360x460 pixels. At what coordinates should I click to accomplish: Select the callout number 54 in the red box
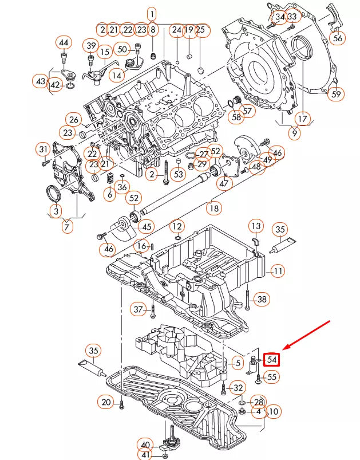coord(272,360)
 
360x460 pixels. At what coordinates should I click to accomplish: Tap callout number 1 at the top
coord(152,13)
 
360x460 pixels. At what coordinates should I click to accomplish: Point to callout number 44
coord(64,43)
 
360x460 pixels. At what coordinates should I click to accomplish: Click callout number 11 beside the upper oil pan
coord(277,271)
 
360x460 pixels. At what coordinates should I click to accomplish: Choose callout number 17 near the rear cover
coord(302,119)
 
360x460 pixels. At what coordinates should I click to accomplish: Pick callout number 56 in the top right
coord(338,38)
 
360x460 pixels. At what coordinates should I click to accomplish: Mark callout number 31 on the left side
coord(43,150)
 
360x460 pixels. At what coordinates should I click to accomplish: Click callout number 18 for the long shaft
coord(213,209)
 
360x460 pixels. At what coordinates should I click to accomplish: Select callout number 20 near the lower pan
coord(106,403)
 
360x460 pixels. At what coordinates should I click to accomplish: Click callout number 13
coord(255,226)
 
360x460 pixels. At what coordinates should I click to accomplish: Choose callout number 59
coord(337,94)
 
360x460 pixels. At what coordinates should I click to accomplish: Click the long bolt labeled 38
coord(247,299)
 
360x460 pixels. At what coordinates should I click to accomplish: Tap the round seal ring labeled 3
coord(52,194)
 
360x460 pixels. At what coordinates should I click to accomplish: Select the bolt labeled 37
coord(153,312)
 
